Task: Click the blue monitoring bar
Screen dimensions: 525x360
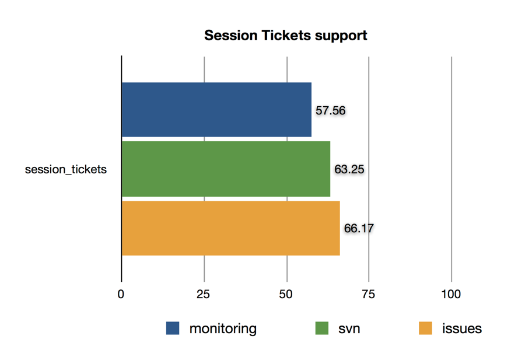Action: (x=216, y=110)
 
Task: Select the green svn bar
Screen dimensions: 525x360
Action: (x=226, y=169)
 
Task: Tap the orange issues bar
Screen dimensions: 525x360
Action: (x=230, y=228)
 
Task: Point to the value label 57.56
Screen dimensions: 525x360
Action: (x=331, y=110)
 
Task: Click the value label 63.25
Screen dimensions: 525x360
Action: (x=349, y=169)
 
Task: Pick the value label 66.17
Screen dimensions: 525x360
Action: (x=359, y=228)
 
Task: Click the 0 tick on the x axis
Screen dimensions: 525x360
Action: (x=121, y=294)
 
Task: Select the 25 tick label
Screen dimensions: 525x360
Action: (x=203, y=294)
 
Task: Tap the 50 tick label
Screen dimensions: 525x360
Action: (x=286, y=294)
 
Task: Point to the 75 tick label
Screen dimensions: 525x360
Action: (x=368, y=294)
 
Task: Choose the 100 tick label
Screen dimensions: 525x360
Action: (x=451, y=294)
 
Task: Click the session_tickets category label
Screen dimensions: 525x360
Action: (x=66, y=169)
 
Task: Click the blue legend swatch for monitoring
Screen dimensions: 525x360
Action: (x=173, y=328)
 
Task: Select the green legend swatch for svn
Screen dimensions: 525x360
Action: (x=322, y=328)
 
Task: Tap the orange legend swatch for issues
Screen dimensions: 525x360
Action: (x=426, y=328)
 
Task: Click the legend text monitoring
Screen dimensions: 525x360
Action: (x=223, y=329)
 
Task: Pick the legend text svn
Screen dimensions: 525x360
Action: (x=349, y=329)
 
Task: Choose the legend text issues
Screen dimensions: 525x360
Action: (x=462, y=329)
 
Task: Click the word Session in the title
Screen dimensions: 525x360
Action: (x=231, y=36)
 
